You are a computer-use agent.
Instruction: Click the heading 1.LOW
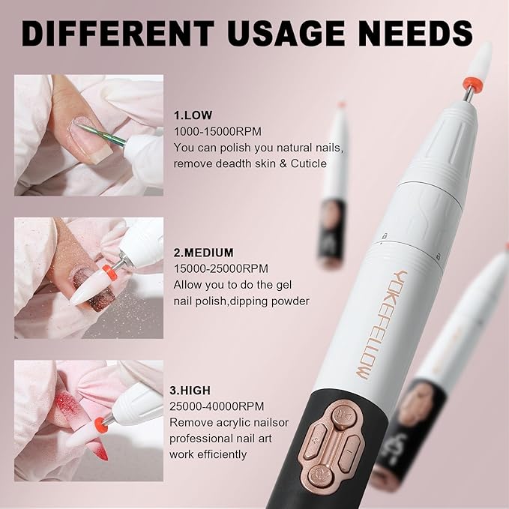(x=193, y=115)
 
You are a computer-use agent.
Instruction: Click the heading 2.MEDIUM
(x=203, y=253)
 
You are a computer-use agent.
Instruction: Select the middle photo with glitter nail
(x=88, y=278)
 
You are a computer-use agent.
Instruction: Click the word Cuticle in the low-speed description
(x=307, y=163)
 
